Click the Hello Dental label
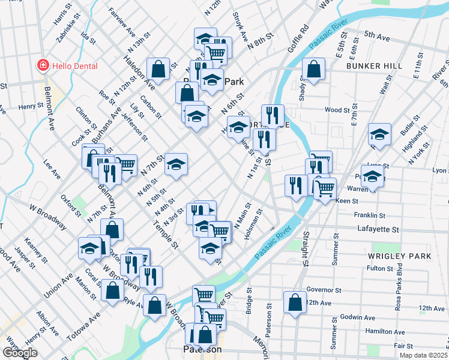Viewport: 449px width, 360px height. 74,65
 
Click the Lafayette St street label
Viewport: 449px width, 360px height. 378,229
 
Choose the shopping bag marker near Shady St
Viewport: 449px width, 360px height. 314,70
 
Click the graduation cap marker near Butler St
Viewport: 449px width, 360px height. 379,136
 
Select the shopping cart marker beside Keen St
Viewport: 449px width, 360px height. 325,188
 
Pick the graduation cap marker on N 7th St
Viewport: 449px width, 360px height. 176,164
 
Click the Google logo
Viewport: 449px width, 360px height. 20,353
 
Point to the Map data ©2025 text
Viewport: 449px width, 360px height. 423,355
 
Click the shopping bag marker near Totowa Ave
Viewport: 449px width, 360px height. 113,291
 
